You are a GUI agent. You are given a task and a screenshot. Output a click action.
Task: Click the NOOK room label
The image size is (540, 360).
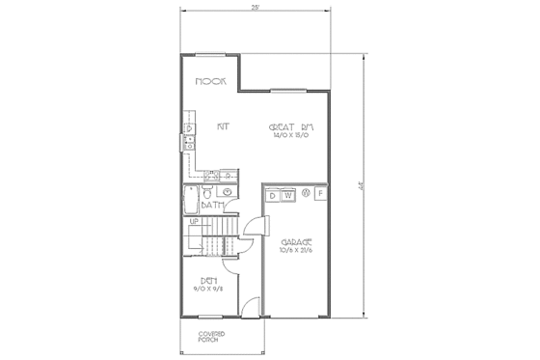pos(210,83)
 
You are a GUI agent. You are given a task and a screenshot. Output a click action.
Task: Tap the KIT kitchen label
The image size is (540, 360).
pos(222,126)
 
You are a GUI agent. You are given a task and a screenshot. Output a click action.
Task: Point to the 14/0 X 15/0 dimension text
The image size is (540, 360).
pos(294,137)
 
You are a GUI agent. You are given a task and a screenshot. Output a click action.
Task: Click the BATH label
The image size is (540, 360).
pos(213,206)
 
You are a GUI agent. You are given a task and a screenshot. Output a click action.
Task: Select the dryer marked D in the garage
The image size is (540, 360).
pos(274,196)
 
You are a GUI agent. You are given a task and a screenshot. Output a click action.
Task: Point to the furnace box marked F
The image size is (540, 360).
pos(321,196)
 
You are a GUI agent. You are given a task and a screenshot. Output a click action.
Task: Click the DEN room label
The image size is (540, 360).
pos(208,280)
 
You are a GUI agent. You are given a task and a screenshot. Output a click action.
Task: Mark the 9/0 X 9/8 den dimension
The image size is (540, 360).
pos(208,289)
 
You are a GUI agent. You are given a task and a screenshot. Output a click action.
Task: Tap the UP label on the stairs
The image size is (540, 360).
pos(194,222)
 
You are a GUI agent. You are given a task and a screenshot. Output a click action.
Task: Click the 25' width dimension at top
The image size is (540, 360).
pos(255,8)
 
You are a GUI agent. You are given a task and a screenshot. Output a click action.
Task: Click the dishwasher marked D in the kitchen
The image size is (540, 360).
pos(189,127)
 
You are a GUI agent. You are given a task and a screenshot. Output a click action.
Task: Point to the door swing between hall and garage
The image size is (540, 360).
pos(252,228)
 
